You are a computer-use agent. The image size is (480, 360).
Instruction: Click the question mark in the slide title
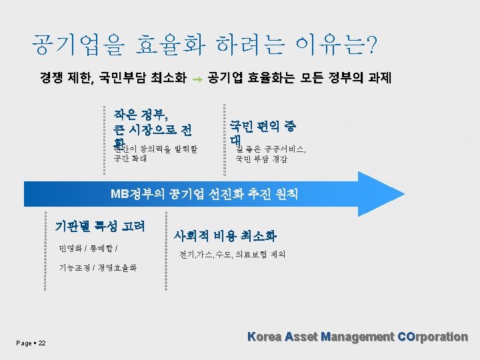(370, 45)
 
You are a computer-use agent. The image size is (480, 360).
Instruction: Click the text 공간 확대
(131, 159)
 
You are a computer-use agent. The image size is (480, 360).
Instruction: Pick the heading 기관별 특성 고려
(100, 225)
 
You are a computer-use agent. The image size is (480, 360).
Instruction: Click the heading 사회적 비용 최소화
(225, 235)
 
